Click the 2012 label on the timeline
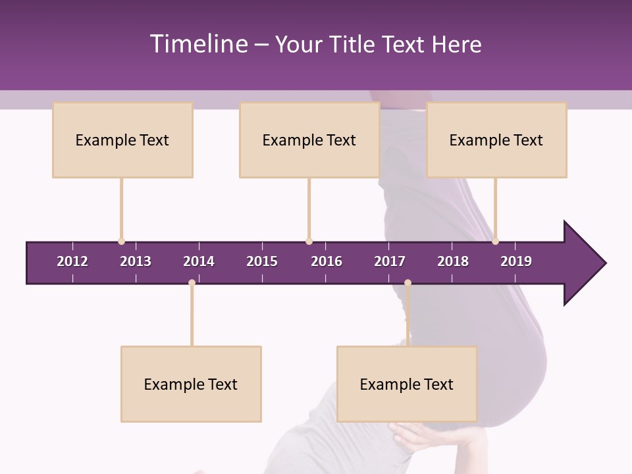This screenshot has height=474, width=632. [72, 261]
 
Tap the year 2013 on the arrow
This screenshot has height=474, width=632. [136, 261]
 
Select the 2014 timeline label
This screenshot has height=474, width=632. [199, 261]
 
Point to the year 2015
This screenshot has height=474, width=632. [262, 261]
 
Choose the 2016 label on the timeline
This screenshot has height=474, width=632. [327, 261]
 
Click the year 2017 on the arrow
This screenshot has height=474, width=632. [390, 261]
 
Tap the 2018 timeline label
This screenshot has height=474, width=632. [453, 261]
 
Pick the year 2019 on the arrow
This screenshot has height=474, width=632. [516, 261]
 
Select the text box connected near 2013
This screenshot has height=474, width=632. [122, 140]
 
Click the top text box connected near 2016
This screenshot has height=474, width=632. [309, 140]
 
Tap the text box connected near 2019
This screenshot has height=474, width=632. [496, 140]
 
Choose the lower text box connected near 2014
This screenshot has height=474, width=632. [191, 384]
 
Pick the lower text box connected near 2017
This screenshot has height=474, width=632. [407, 384]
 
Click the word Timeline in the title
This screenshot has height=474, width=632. [198, 44]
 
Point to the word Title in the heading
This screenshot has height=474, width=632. [355, 44]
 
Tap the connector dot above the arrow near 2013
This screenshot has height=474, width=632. [121, 241]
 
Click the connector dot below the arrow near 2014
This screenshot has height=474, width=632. [192, 283]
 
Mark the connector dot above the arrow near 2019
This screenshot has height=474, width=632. [495, 241]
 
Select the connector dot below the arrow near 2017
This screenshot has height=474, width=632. [408, 283]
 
